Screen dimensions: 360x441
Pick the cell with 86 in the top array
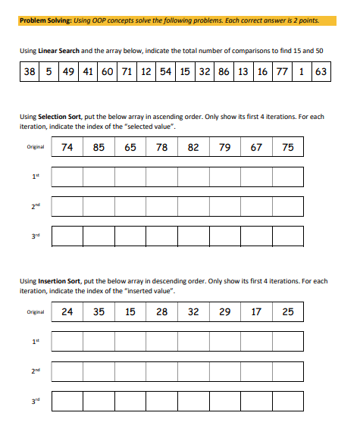(x=223, y=72)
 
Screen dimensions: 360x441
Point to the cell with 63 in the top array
(x=320, y=72)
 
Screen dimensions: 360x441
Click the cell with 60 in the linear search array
(x=107, y=72)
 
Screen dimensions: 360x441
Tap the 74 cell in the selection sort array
(x=67, y=147)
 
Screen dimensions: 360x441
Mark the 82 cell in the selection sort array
(x=193, y=147)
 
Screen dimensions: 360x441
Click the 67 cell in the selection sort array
(x=255, y=147)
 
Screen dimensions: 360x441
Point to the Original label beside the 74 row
(x=35, y=148)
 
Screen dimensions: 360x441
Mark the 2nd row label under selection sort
(x=34, y=205)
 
